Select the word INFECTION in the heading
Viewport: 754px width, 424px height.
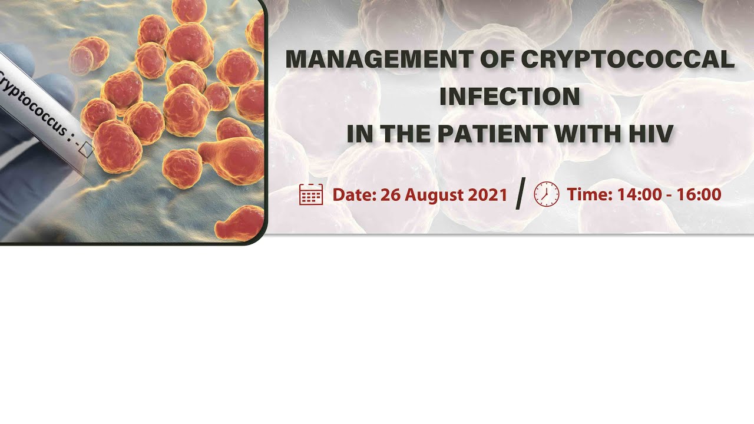pos(510,97)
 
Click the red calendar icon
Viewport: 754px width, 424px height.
pos(311,194)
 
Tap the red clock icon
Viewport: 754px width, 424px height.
pos(546,194)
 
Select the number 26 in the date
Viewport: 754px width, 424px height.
pos(391,195)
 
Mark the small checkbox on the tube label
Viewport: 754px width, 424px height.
pos(86,150)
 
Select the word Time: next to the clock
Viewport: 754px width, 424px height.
pos(590,195)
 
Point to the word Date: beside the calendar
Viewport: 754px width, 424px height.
pos(354,195)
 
